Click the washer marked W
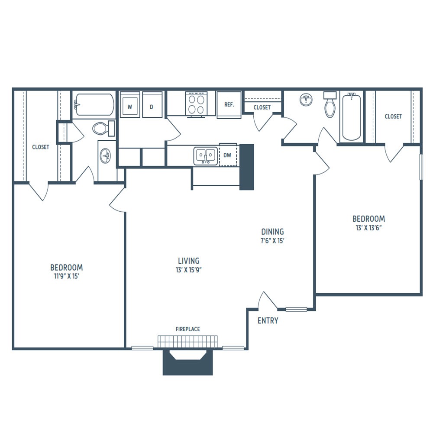(130, 105)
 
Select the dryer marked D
(152, 105)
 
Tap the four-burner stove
(196, 104)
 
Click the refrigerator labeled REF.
(229, 105)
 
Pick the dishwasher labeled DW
(228, 155)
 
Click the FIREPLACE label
(188, 329)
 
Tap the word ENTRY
(268, 320)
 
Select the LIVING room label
(189, 261)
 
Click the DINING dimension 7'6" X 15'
(272, 241)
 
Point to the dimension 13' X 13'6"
(368, 228)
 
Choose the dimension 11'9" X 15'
(67, 276)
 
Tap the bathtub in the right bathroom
(351, 116)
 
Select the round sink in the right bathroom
(306, 100)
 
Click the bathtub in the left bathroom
(94, 104)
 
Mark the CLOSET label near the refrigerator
(262, 107)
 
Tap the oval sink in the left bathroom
(106, 156)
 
